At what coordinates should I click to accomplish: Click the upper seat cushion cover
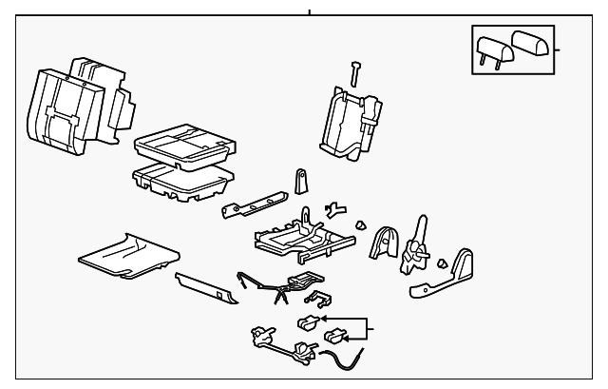pyautogui.click(x=183, y=144)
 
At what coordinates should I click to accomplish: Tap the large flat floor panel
pyautogui.click(x=127, y=252)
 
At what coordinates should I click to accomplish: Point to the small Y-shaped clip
pyautogui.click(x=332, y=208)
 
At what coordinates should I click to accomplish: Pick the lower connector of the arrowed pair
pyautogui.click(x=336, y=336)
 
